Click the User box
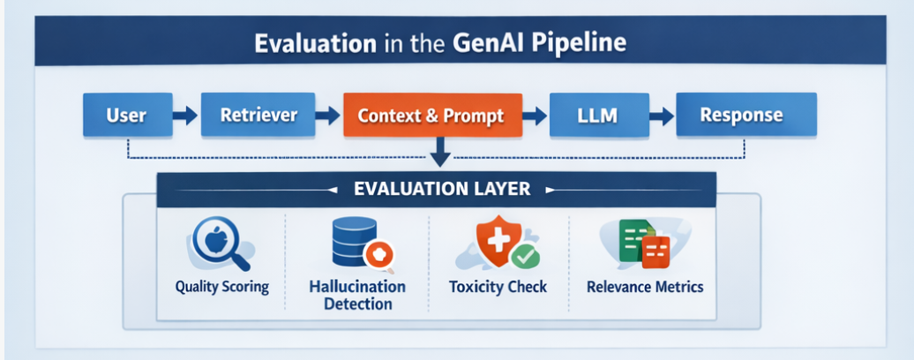tap(125, 115)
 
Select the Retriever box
tap(258, 115)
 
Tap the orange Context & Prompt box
tap(431, 115)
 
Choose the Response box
tap(740, 115)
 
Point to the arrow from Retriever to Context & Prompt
tap(328, 115)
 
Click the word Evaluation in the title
tap(306, 43)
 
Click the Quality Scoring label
tap(221, 287)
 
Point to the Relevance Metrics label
tap(645, 287)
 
